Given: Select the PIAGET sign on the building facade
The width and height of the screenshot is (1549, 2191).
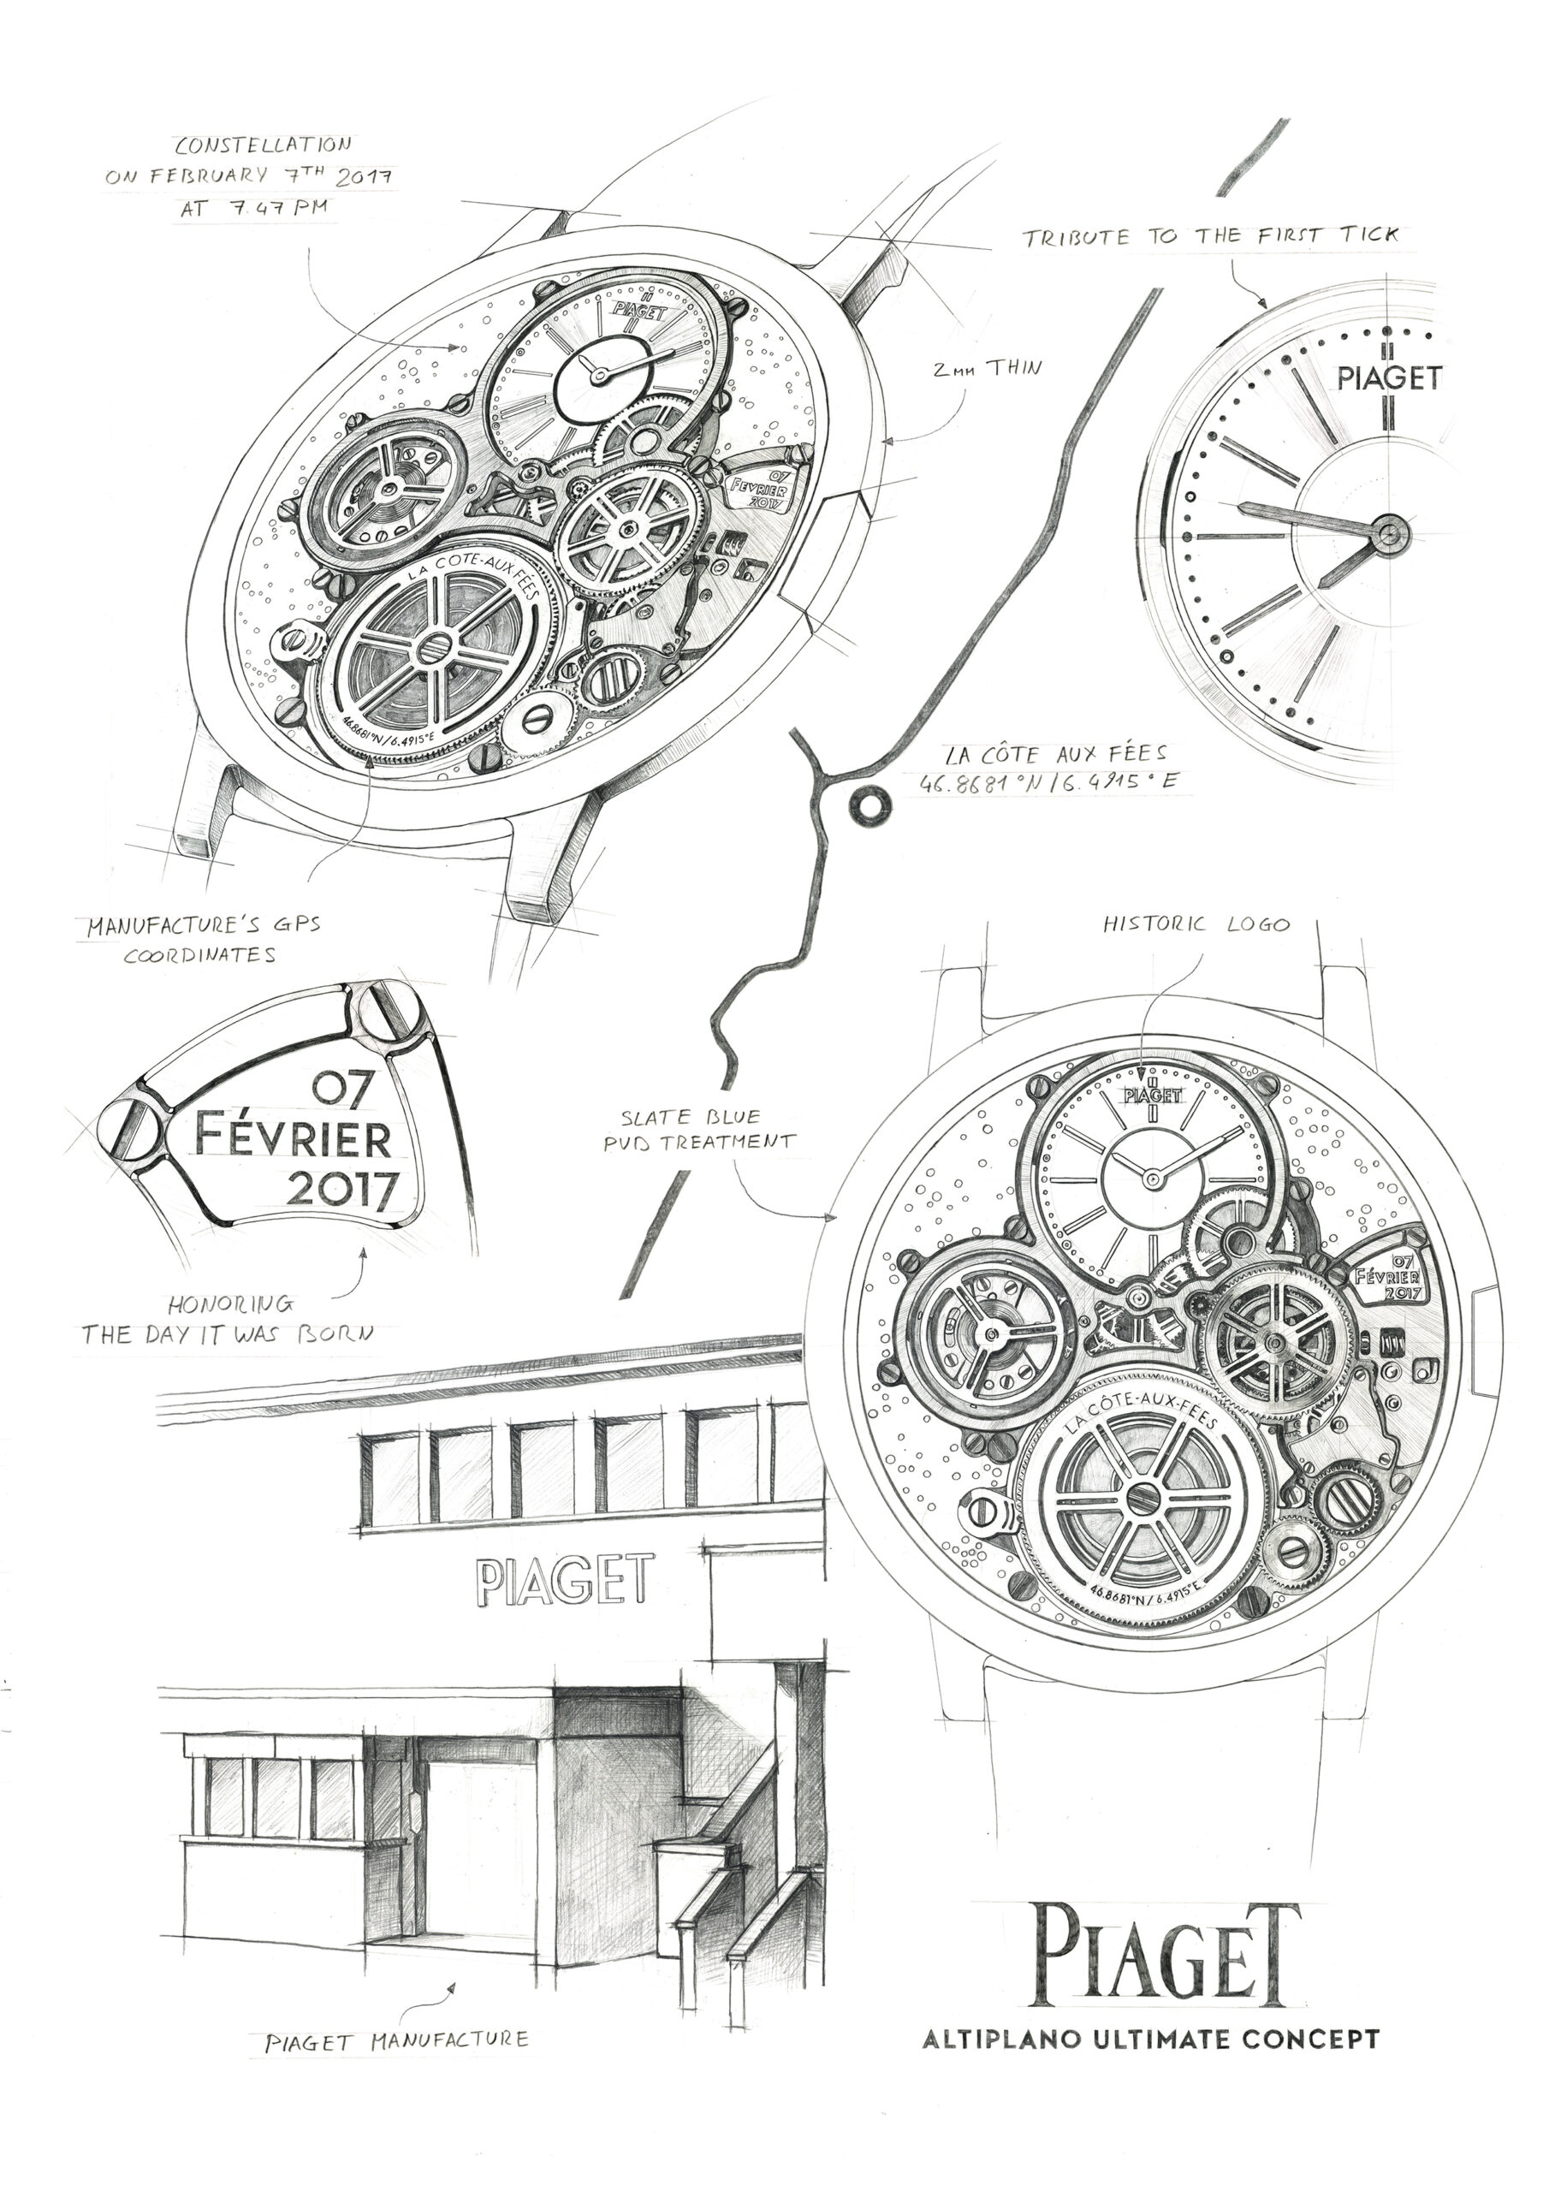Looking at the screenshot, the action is pyautogui.click(x=565, y=1579).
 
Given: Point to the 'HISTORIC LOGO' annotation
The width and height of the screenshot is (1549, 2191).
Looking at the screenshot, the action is pyautogui.click(x=1196, y=924).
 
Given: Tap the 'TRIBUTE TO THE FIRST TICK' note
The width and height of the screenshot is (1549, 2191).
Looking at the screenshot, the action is pyautogui.click(x=1211, y=235).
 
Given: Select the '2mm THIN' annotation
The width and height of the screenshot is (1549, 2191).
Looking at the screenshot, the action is pyautogui.click(x=987, y=367).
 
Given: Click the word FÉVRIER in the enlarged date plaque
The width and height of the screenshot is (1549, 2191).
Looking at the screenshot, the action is pyautogui.click(x=293, y=1137).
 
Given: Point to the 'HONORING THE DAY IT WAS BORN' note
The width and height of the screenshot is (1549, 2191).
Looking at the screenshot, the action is pyautogui.click(x=227, y=1319).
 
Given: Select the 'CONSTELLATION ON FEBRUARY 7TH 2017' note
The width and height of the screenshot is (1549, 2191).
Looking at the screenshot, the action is pyautogui.click(x=250, y=175).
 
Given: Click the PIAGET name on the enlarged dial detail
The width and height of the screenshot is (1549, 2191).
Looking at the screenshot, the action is pyautogui.click(x=1389, y=378).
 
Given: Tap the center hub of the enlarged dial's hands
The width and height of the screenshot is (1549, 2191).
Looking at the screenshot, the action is pyautogui.click(x=1389, y=531).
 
